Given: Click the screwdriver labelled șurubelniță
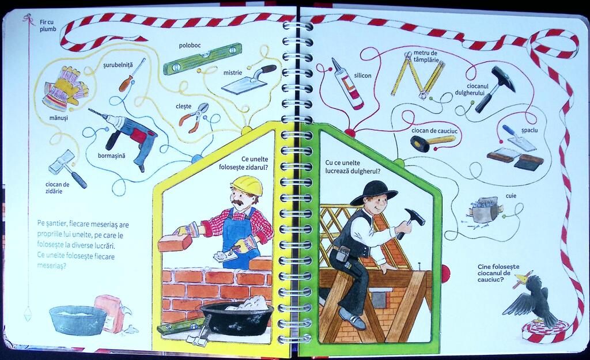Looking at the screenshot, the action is (x=132, y=75).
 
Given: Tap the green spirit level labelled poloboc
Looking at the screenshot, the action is (x=202, y=59).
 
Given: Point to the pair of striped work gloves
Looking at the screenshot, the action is (x=65, y=89).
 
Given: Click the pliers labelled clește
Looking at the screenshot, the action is (x=194, y=117).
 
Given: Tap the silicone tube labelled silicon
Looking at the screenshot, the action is (x=347, y=84).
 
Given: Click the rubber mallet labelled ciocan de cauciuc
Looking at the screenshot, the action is (x=432, y=142).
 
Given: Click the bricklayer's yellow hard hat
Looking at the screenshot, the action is (x=247, y=185).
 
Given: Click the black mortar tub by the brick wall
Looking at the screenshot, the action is (x=237, y=319).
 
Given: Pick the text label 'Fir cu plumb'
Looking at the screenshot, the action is (x=48, y=25).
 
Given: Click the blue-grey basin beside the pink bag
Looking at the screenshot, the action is (x=78, y=319).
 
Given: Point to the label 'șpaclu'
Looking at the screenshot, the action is (x=530, y=131).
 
